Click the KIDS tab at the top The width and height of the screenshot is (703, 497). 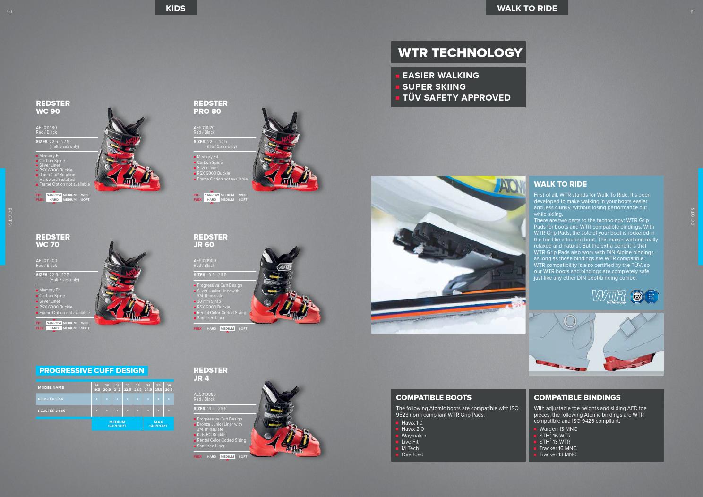pos(175,8)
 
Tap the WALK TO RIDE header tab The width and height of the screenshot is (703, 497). pos(527,8)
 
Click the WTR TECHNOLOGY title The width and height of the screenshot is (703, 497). pos(460,53)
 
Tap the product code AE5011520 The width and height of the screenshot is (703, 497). pos(204,128)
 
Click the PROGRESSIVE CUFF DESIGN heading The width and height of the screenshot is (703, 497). pos(92,371)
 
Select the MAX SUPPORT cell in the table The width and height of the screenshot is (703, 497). pos(158,424)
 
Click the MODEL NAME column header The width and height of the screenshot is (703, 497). pos(51,387)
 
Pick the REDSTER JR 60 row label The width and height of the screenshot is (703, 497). pos(52,411)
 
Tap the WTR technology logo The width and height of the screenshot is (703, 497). pos(609,297)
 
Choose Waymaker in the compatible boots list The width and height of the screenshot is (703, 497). pos(414,436)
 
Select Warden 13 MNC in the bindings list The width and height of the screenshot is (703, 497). pos(558,429)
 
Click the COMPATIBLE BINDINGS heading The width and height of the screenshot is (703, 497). pos(577,398)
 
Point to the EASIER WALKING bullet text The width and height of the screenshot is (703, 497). pos(440,76)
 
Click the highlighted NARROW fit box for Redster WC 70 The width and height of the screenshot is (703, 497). pos(54,323)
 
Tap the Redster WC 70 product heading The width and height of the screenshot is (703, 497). pos(53,240)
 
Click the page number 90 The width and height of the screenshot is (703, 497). pos(9,12)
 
